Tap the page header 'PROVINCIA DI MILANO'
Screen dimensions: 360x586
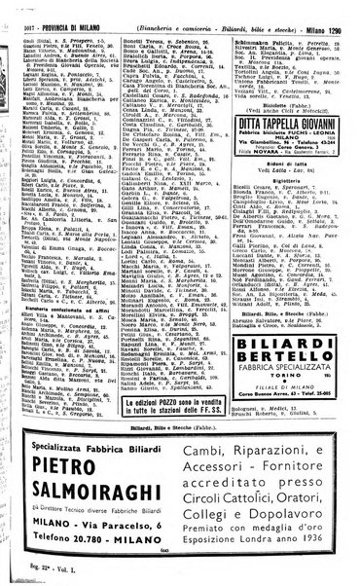point(56,9)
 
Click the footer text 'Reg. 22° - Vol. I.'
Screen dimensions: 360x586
point(33,574)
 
